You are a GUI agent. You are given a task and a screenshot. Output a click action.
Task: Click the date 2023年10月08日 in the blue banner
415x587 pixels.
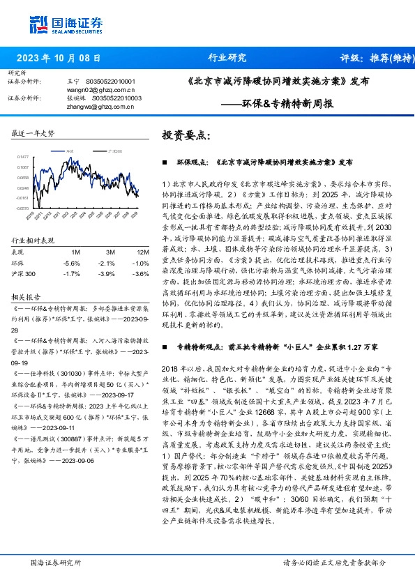58,59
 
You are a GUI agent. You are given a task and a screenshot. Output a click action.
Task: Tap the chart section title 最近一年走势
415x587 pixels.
33,132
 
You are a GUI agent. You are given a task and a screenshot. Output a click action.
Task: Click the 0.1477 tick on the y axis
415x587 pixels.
23,157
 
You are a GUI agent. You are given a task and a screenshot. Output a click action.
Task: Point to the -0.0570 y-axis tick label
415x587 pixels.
22,208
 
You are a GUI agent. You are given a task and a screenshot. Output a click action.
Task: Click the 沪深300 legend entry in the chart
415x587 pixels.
116,151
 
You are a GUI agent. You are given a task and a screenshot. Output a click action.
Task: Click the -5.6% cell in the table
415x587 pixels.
71,263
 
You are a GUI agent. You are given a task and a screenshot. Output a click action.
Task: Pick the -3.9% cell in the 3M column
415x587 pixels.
106,274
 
